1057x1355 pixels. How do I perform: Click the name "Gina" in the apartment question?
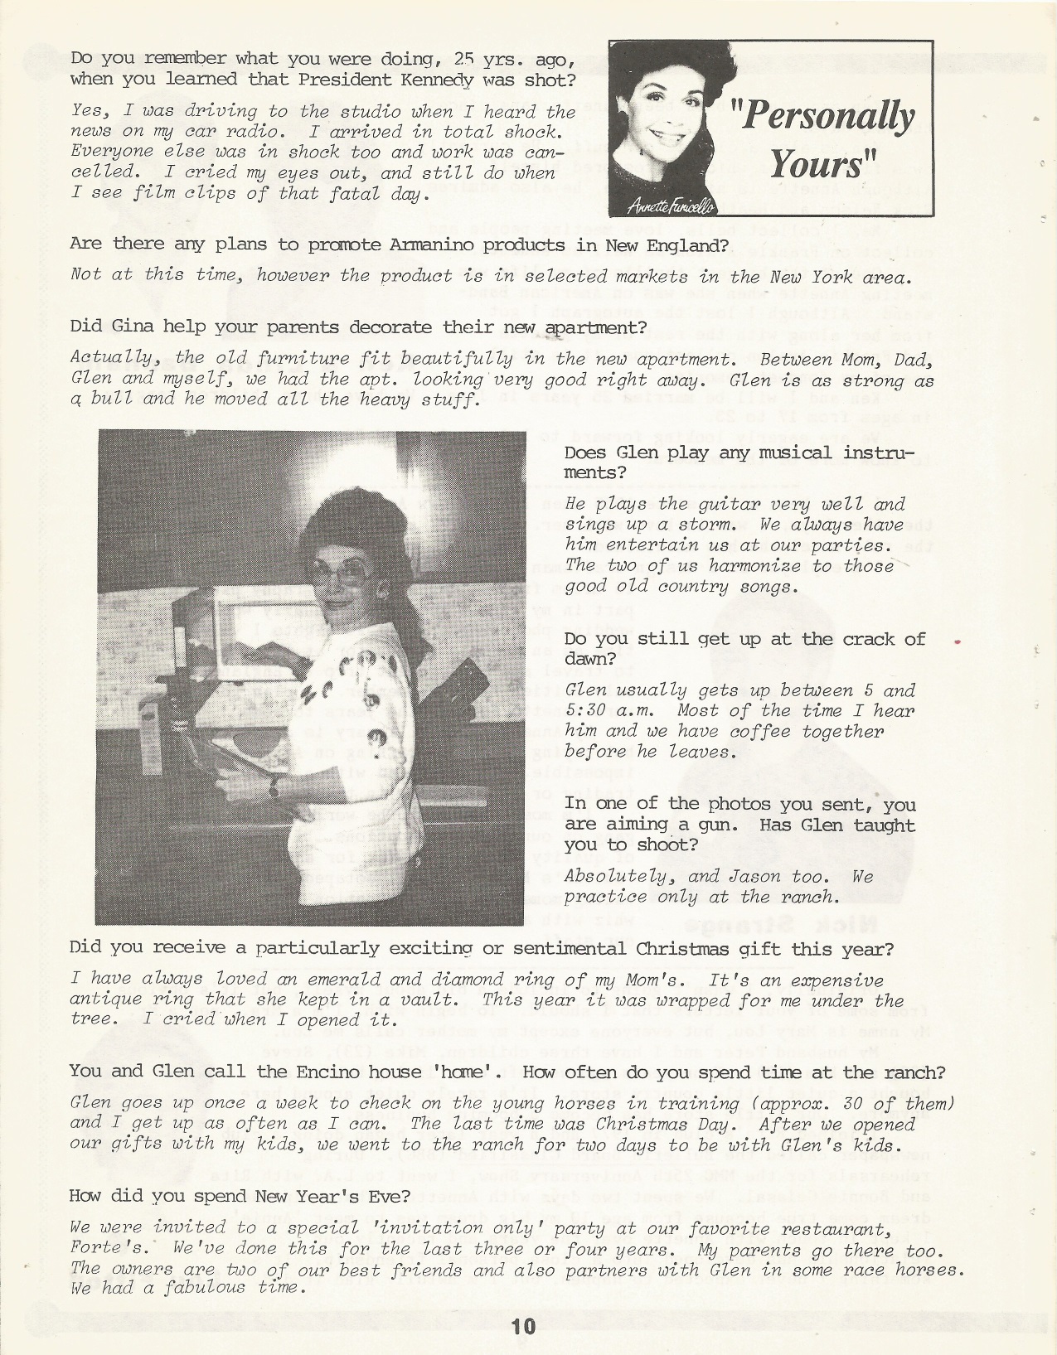coord(126,327)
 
